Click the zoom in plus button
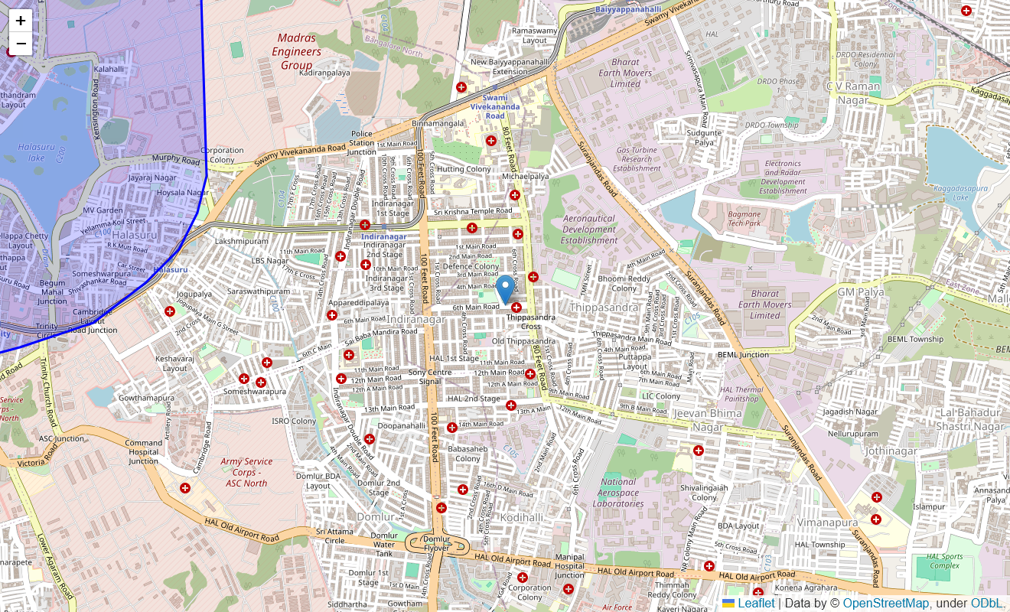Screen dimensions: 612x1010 click(x=21, y=21)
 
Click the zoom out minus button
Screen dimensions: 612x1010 click(x=21, y=44)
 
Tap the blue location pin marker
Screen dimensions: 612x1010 click(x=505, y=290)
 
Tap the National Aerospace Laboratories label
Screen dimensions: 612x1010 click(x=618, y=493)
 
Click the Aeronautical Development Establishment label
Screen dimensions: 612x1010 click(x=589, y=229)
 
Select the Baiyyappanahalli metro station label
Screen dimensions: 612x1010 click(x=628, y=9)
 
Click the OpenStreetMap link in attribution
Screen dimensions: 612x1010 click(x=885, y=604)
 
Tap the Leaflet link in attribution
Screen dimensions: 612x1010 click(x=756, y=604)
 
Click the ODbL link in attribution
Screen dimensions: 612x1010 click(x=986, y=604)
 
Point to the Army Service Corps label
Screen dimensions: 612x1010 click(x=246, y=472)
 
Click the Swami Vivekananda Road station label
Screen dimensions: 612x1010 click(x=495, y=106)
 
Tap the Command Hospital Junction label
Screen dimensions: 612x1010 click(x=144, y=451)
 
